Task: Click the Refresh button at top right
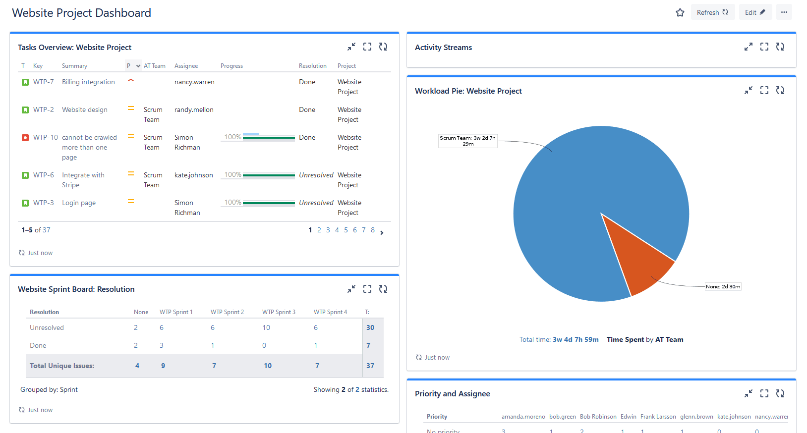(712, 12)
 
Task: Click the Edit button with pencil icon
(755, 12)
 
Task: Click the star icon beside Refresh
(680, 12)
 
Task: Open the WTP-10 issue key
(45, 137)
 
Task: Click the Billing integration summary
(88, 82)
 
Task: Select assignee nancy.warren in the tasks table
(194, 82)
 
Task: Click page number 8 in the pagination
(373, 230)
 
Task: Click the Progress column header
(231, 66)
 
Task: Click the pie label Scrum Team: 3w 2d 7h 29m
(467, 141)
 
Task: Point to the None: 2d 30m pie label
(723, 286)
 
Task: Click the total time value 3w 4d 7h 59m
(576, 339)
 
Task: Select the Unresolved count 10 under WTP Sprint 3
(266, 327)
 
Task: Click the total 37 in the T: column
(370, 366)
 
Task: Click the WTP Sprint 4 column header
(330, 312)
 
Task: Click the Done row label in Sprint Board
(38, 345)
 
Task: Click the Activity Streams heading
(443, 48)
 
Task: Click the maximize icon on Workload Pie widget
(764, 90)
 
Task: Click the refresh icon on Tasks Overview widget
(383, 47)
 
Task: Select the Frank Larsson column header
(658, 417)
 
